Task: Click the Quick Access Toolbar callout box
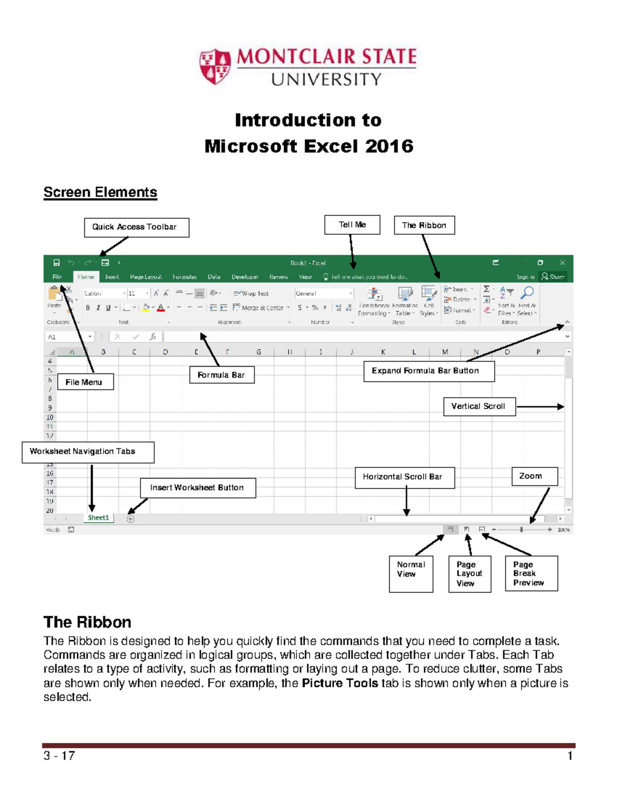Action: tap(136, 227)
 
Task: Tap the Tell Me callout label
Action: tap(352, 225)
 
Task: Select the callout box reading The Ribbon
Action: tap(424, 225)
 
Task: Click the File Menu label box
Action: tap(84, 382)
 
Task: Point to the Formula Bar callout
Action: tap(222, 375)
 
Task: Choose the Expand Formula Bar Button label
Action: tap(428, 371)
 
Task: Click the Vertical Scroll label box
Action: tap(479, 406)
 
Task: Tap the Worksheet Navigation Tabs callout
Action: tap(87, 452)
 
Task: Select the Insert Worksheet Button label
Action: tap(197, 488)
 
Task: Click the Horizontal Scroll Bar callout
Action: tap(404, 477)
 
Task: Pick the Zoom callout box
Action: tap(534, 476)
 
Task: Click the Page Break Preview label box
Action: tap(531, 574)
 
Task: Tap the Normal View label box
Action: tap(410, 574)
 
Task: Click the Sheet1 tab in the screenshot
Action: tap(98, 518)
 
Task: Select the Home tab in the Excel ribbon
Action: tap(86, 277)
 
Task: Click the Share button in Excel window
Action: tap(553, 277)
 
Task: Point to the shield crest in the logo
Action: tap(215, 66)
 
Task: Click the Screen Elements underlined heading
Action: tap(100, 192)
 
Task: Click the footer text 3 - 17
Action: tap(59, 756)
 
